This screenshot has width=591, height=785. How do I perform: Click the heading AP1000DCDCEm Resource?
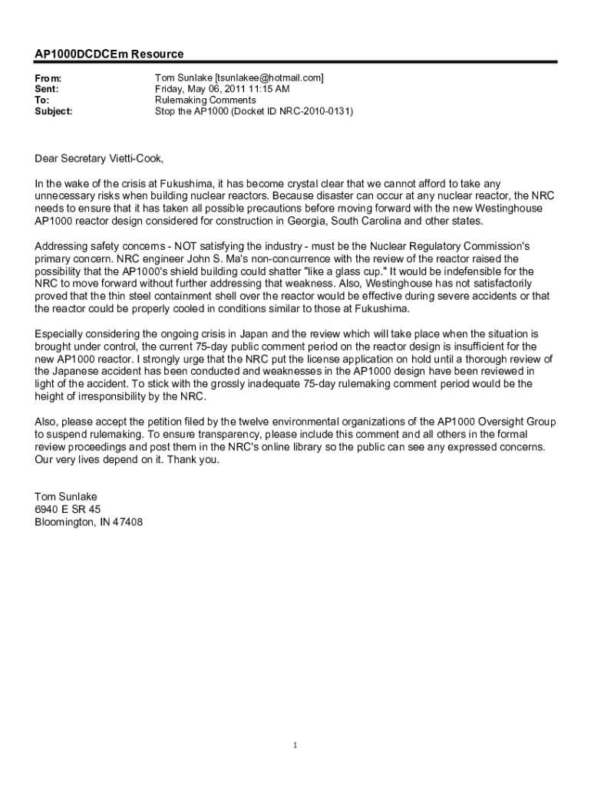[109, 54]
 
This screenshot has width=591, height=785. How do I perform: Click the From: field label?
[48, 78]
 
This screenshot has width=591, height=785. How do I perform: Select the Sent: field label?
[47, 89]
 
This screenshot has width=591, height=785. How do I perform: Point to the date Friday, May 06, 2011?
[201, 89]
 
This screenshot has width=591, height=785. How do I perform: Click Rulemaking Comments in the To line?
[205, 100]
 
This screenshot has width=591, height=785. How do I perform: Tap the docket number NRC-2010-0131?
[313, 111]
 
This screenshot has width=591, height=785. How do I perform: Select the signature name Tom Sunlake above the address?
[66, 497]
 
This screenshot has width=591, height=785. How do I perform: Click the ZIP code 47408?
[127, 522]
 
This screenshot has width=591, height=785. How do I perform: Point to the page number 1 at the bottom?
[295, 745]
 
